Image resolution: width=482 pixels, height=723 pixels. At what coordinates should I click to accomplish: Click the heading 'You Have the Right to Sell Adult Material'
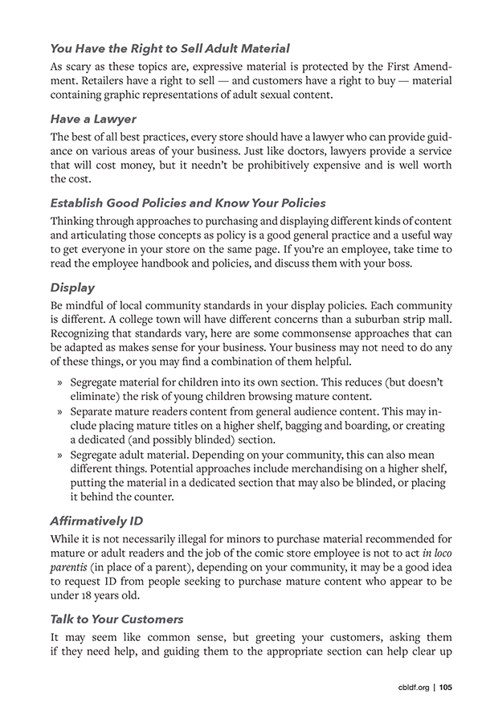[170, 50]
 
